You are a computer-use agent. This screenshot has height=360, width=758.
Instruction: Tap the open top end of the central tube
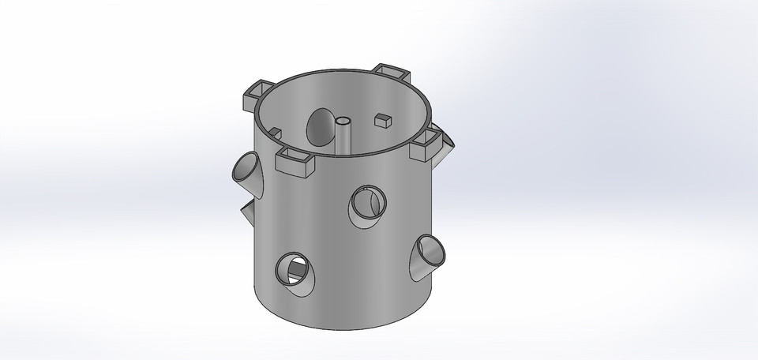pyautogui.click(x=344, y=121)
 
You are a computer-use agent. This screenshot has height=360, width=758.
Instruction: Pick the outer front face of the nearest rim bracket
pyautogui.click(x=294, y=167)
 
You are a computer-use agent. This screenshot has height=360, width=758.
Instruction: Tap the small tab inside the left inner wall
pyautogui.click(x=275, y=132)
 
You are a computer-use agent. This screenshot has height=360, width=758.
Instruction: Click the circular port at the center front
pyautogui.click(x=365, y=204)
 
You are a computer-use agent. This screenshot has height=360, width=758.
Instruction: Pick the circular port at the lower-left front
pyautogui.click(x=291, y=271)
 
